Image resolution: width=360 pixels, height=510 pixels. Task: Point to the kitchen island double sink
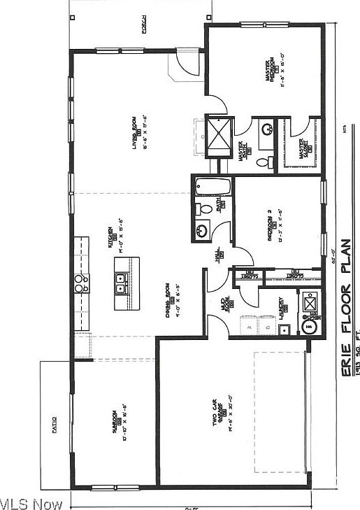[121, 283]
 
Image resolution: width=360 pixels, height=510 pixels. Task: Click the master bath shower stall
[219, 136]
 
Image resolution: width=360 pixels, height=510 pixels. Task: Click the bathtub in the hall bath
[211, 187]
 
